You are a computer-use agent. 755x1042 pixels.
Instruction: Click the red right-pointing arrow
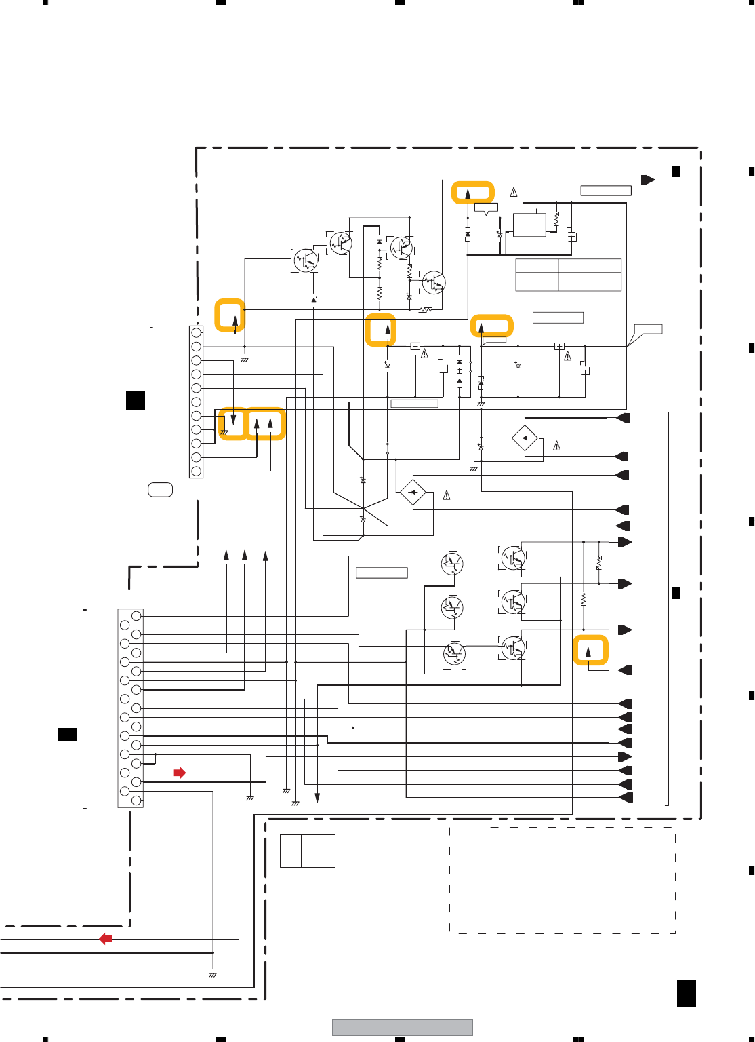[x=179, y=773]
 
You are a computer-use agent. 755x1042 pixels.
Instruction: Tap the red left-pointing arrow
[x=106, y=939]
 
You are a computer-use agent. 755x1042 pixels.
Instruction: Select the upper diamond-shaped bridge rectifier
[x=525, y=438]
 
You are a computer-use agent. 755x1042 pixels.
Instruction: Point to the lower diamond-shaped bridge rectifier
[x=413, y=492]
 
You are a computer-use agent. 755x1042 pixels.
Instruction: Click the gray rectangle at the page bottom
[x=402, y=1027]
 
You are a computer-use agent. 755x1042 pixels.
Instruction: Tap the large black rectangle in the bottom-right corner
[x=686, y=994]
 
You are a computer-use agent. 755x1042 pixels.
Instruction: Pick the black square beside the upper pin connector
[x=136, y=400]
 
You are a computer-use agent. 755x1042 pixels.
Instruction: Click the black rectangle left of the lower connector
[x=67, y=734]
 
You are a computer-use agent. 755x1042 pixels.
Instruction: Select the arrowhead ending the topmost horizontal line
[x=649, y=180]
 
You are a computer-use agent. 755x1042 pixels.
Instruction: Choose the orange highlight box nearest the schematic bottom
[x=590, y=650]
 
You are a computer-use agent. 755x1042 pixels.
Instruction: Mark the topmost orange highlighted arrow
[x=472, y=193]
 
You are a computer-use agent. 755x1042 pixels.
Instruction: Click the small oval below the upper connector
[x=161, y=489]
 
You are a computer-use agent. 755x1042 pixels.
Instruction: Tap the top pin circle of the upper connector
[x=197, y=333]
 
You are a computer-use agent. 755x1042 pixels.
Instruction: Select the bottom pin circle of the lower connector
[x=136, y=800]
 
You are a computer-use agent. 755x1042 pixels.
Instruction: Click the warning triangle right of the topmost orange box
[x=514, y=192]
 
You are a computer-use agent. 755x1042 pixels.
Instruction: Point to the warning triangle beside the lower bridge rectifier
[x=447, y=495]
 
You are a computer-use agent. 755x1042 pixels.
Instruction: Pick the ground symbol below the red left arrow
[x=213, y=975]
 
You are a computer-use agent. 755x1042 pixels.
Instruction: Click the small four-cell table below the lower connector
[x=308, y=851]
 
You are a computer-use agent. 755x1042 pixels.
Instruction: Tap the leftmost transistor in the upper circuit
[x=306, y=260]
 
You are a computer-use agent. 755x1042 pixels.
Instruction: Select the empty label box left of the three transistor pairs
[x=382, y=573]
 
